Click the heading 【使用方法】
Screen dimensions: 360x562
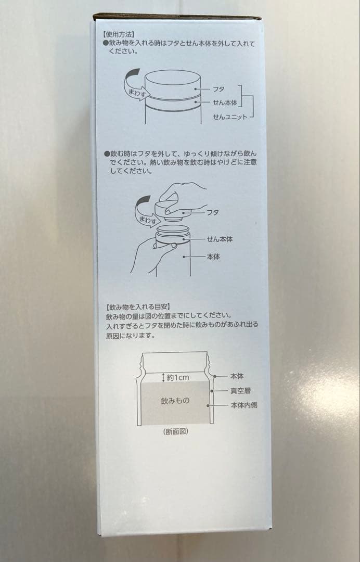click(118, 34)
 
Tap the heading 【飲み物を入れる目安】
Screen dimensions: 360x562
click(138, 307)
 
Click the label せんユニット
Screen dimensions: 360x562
click(230, 117)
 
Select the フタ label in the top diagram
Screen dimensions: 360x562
click(218, 89)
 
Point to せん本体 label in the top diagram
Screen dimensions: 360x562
click(225, 103)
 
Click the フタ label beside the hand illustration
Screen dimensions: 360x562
click(213, 212)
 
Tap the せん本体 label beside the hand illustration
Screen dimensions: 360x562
click(220, 239)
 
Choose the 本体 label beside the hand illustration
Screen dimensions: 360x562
click(213, 257)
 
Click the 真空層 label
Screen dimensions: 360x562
click(240, 391)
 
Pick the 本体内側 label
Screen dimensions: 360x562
click(243, 405)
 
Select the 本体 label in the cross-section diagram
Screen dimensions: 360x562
click(237, 376)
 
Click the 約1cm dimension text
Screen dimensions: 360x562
click(178, 377)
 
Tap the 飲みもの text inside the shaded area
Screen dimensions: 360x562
click(175, 401)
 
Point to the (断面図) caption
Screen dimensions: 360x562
click(175, 431)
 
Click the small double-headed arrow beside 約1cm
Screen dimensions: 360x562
click(164, 377)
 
